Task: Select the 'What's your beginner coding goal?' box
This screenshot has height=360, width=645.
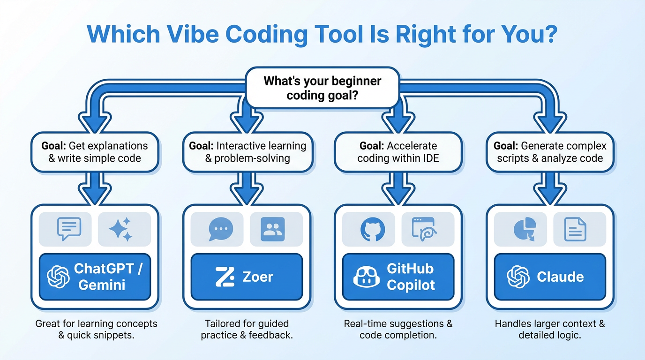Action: pyautogui.click(x=322, y=88)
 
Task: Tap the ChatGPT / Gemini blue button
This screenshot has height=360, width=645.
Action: pyautogui.click(x=95, y=277)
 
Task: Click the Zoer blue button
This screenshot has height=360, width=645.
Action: pyautogui.click(x=247, y=277)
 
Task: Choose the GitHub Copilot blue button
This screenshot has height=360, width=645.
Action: pyautogui.click(x=398, y=277)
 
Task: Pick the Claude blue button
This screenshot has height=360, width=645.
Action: pyautogui.click(x=550, y=277)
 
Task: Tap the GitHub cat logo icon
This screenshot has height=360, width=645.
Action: pyautogui.click(x=372, y=229)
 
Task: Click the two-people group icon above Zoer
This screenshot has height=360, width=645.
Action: pyautogui.click(x=272, y=229)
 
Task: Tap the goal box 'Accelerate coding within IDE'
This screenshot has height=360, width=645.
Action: pyautogui.click(x=398, y=152)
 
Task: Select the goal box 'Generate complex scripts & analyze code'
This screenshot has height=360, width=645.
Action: pyautogui.click(x=550, y=152)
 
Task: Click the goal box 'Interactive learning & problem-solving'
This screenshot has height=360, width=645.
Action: pyautogui.click(x=247, y=152)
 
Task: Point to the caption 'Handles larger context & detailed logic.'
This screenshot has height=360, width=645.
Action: pyautogui.click(x=550, y=329)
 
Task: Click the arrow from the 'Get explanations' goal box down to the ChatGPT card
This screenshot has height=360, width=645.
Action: pyautogui.click(x=95, y=187)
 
